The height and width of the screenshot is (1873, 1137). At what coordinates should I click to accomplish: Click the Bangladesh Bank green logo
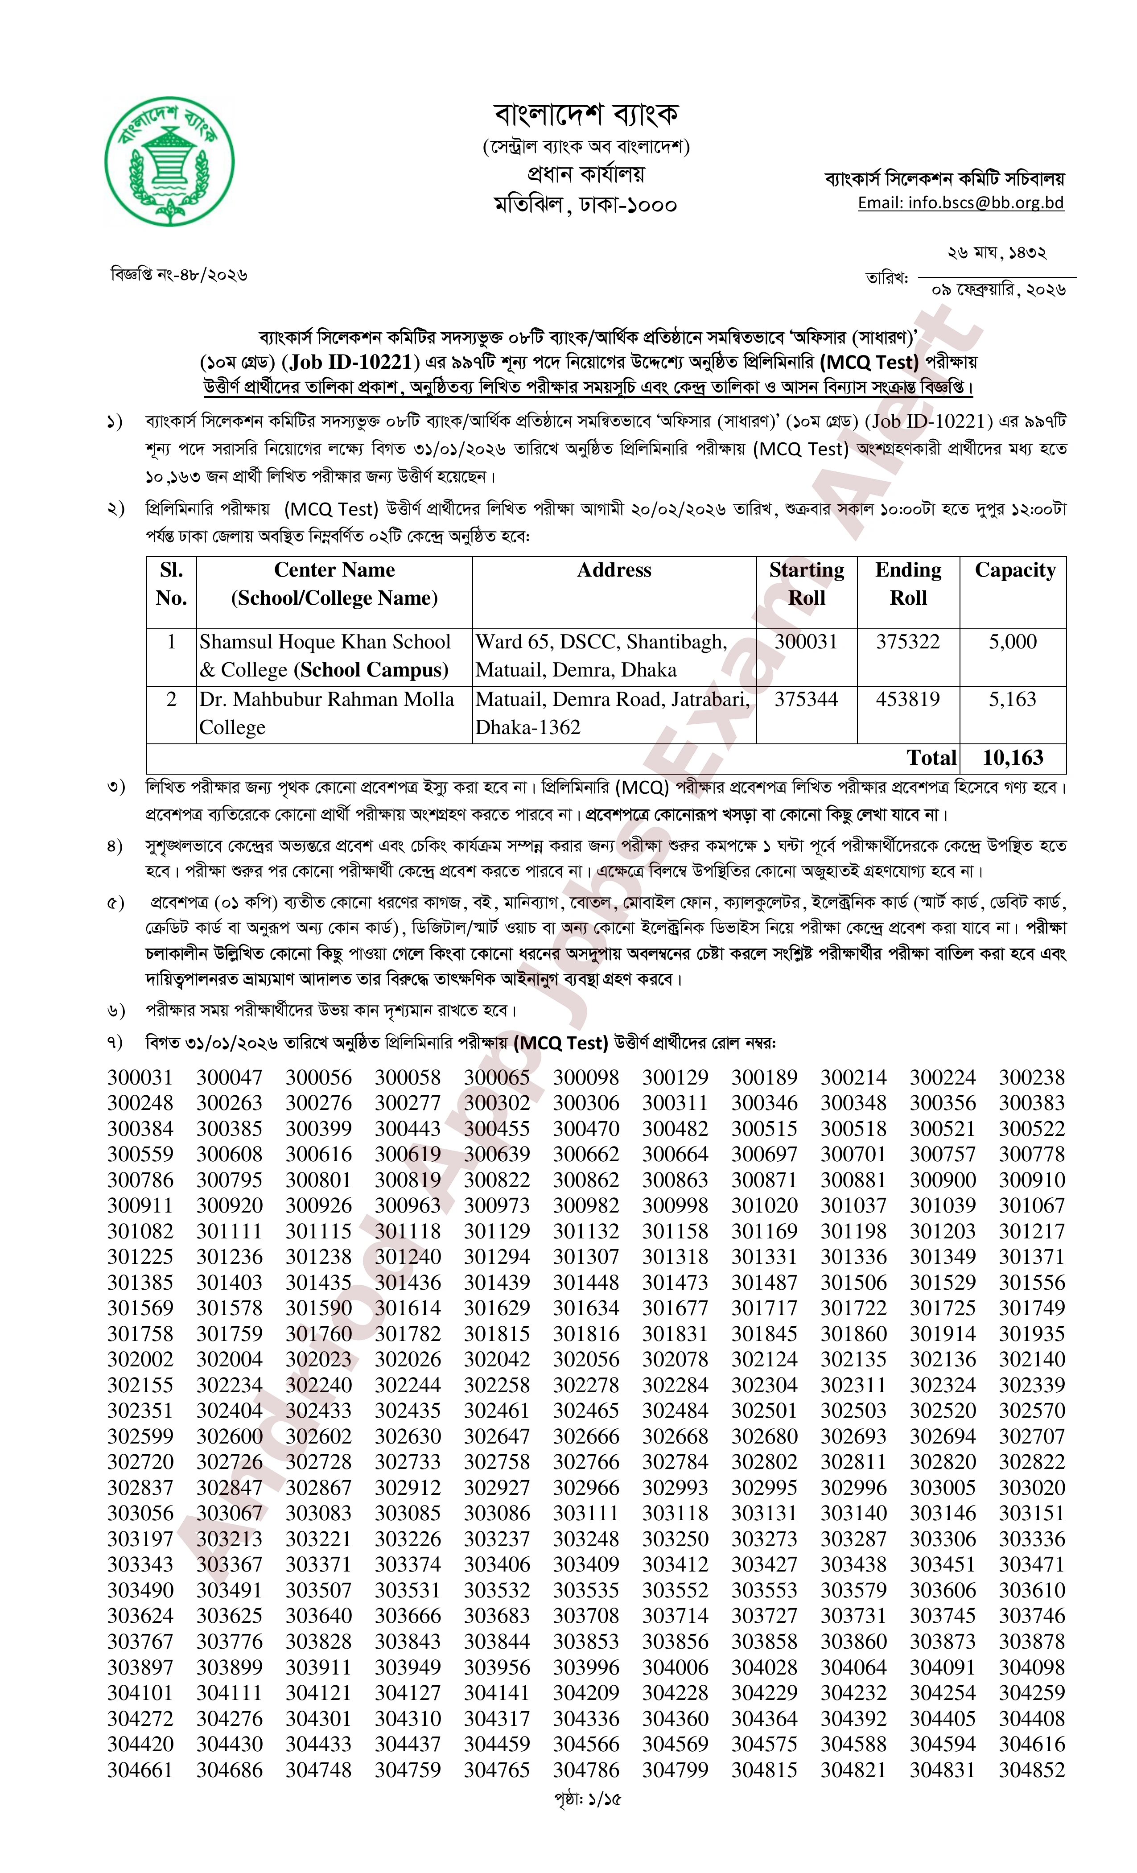click(169, 161)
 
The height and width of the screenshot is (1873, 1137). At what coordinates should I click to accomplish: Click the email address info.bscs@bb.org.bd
click(961, 203)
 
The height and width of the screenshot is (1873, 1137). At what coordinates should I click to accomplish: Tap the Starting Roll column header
click(807, 584)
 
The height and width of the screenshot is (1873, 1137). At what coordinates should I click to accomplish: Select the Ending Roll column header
click(908, 584)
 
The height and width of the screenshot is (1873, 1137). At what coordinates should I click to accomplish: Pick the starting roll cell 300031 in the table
click(806, 642)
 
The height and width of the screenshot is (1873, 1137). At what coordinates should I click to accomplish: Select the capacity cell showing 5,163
click(1012, 699)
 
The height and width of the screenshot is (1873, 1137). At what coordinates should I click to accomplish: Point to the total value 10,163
click(1012, 758)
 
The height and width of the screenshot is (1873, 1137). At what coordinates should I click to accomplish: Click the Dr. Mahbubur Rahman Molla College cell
click(327, 713)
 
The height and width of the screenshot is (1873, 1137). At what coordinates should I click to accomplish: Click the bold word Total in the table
click(931, 758)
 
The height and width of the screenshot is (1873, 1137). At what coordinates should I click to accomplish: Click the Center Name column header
click(334, 584)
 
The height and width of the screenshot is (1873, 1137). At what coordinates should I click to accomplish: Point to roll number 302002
click(140, 1359)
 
